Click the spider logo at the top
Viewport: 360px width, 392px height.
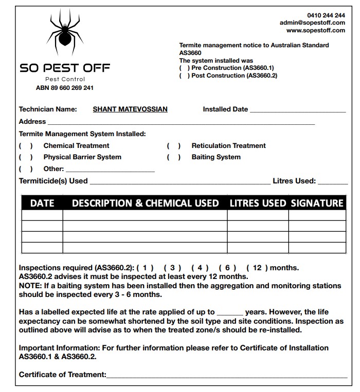click(x=64, y=35)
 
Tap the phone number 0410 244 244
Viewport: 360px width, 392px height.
click(x=326, y=15)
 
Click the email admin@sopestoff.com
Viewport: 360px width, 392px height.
click(x=312, y=23)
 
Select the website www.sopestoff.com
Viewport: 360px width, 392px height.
click(x=316, y=30)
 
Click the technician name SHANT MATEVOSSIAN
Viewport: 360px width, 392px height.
click(x=130, y=109)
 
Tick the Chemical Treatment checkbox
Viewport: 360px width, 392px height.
click(x=26, y=146)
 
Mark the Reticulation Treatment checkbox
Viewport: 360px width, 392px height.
click(x=174, y=146)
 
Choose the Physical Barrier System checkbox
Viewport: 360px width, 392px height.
click(x=26, y=157)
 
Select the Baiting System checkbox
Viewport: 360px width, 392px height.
click(x=174, y=157)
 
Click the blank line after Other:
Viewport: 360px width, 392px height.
click(x=110, y=170)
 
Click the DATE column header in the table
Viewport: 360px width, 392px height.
click(x=42, y=203)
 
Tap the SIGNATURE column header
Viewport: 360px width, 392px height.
click(x=317, y=203)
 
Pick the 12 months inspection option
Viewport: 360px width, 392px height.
click(x=257, y=268)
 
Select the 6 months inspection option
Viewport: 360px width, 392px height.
click(x=227, y=268)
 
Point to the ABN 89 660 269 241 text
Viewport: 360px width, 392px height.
click(x=65, y=88)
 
